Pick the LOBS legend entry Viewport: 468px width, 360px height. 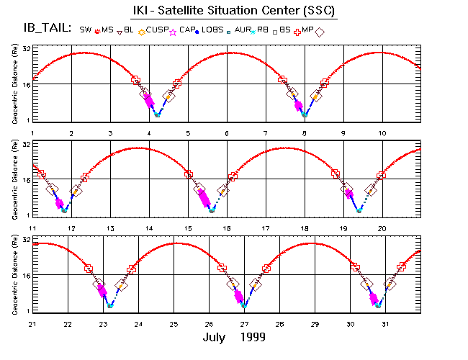pos(210,30)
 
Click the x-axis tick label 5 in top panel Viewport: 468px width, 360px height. pos(188,134)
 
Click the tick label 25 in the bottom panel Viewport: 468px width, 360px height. pos(174,323)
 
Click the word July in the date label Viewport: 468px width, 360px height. pos(217,337)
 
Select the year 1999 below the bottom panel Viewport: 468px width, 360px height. pos(253,337)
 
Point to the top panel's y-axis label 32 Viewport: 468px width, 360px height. pos(26,48)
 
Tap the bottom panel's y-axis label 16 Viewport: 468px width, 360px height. pos(26,276)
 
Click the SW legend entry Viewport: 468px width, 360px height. pos(85,30)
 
